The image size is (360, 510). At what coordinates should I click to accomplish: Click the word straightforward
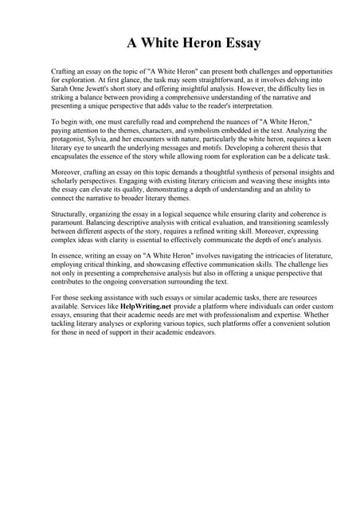tap(219, 80)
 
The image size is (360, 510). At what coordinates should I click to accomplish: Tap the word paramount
tap(71, 225)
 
